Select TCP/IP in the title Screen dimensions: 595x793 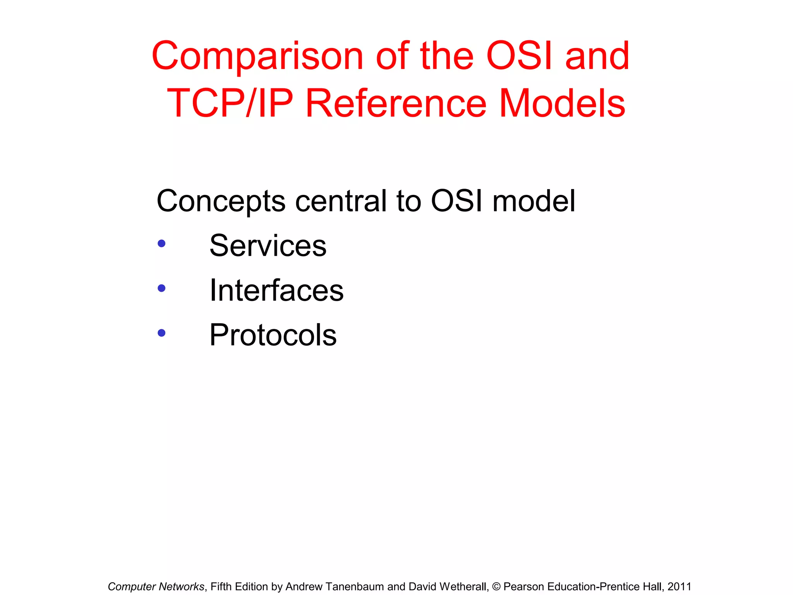pyautogui.click(x=230, y=103)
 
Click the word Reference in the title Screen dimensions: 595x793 pyautogui.click(x=395, y=103)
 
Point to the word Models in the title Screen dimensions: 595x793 pyautogui.click(x=562, y=103)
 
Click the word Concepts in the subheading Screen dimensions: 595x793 pyautogui.click(x=221, y=201)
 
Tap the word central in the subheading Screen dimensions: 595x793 pyautogui.click(x=341, y=201)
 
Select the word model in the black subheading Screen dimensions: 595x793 pyautogui.click(x=534, y=201)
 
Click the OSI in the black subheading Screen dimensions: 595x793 pyautogui.click(x=457, y=201)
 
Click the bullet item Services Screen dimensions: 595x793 pyautogui.click(x=268, y=246)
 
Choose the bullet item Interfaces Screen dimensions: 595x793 pyautogui.click(x=276, y=291)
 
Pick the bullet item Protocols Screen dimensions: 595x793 pyautogui.click(x=273, y=335)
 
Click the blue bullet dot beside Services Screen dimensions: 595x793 pyautogui.click(x=162, y=244)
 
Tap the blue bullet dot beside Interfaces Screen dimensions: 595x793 pyautogui.click(x=162, y=288)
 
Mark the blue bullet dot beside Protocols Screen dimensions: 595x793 pyautogui.click(x=162, y=333)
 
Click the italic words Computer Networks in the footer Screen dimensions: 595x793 pyautogui.click(x=156, y=587)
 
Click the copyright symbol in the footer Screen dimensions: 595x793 pyautogui.click(x=496, y=587)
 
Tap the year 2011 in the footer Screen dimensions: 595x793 pyautogui.click(x=679, y=587)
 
